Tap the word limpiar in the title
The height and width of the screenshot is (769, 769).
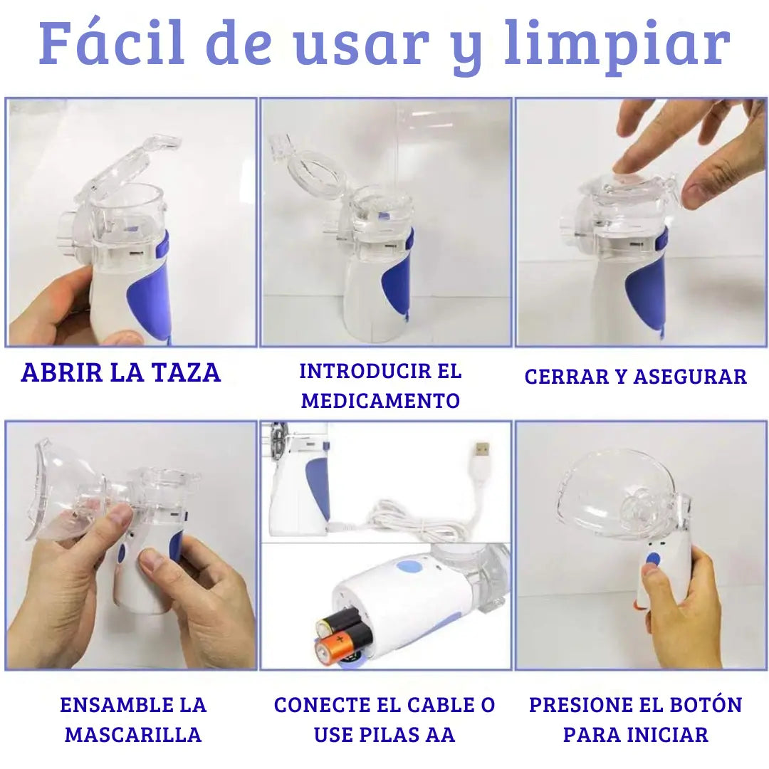tap(617, 47)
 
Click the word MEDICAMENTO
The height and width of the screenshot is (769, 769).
tap(380, 401)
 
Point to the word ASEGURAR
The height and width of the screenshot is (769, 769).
tap(690, 377)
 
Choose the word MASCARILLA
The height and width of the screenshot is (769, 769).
tap(133, 735)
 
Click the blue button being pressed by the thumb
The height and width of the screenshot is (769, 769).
tap(653, 560)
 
